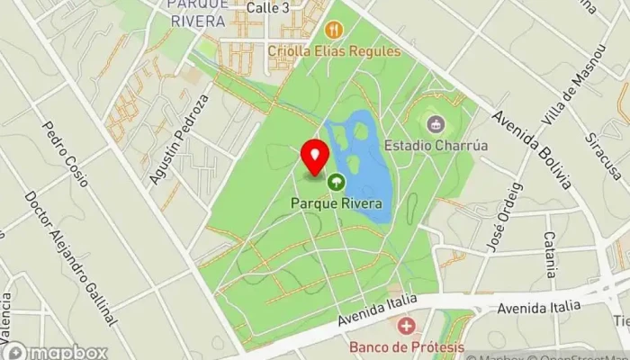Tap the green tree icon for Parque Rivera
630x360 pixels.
pos(336,183)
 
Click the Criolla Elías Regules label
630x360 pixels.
pos(334,51)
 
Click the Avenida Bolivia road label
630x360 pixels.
pos(533,149)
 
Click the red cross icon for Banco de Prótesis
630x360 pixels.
pos(407,325)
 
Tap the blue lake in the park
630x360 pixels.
pos(369,171)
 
